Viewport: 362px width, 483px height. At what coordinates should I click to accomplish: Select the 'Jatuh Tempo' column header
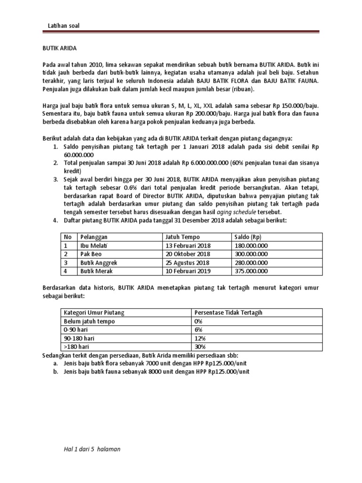182,237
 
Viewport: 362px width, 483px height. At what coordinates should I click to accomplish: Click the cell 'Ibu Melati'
94,246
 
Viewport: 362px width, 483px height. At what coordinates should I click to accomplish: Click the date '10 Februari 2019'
188,271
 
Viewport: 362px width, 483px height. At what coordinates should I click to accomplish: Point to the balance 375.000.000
251,271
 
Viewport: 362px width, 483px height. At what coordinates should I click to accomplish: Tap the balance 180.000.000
251,246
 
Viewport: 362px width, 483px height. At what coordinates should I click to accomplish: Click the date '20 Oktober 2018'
187,254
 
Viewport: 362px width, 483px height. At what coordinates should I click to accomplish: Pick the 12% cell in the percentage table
200,339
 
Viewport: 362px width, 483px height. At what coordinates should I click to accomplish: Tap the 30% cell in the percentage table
200,347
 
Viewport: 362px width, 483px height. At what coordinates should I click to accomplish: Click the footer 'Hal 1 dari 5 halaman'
93,450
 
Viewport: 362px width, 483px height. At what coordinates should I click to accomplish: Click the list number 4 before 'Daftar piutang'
55,220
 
